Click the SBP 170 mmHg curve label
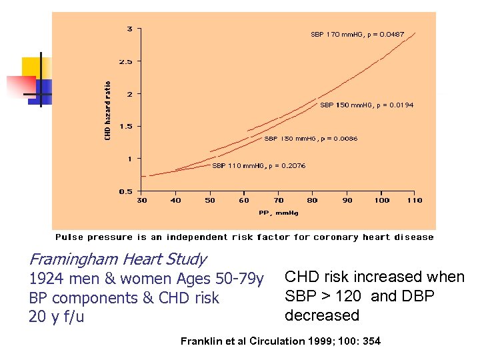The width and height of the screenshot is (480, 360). point(357,34)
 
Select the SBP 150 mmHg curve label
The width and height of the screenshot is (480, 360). point(366,105)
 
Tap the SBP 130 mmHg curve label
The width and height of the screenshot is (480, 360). point(310,139)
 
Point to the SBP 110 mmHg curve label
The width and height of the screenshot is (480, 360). point(259,166)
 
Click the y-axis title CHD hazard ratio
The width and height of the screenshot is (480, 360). point(108,111)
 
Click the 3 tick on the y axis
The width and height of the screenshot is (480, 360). point(129,29)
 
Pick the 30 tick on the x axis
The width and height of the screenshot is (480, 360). point(142,200)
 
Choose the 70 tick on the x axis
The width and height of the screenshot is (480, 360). point(279,200)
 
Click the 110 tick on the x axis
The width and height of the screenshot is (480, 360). point(415,200)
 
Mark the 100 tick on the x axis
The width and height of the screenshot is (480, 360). point(381,200)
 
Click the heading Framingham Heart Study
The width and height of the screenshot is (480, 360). point(117,259)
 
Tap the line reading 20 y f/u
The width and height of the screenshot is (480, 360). point(57,317)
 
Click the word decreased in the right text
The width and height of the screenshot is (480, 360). point(321,315)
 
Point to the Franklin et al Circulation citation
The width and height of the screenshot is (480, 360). point(281,341)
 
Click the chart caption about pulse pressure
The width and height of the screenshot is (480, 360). point(244,237)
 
